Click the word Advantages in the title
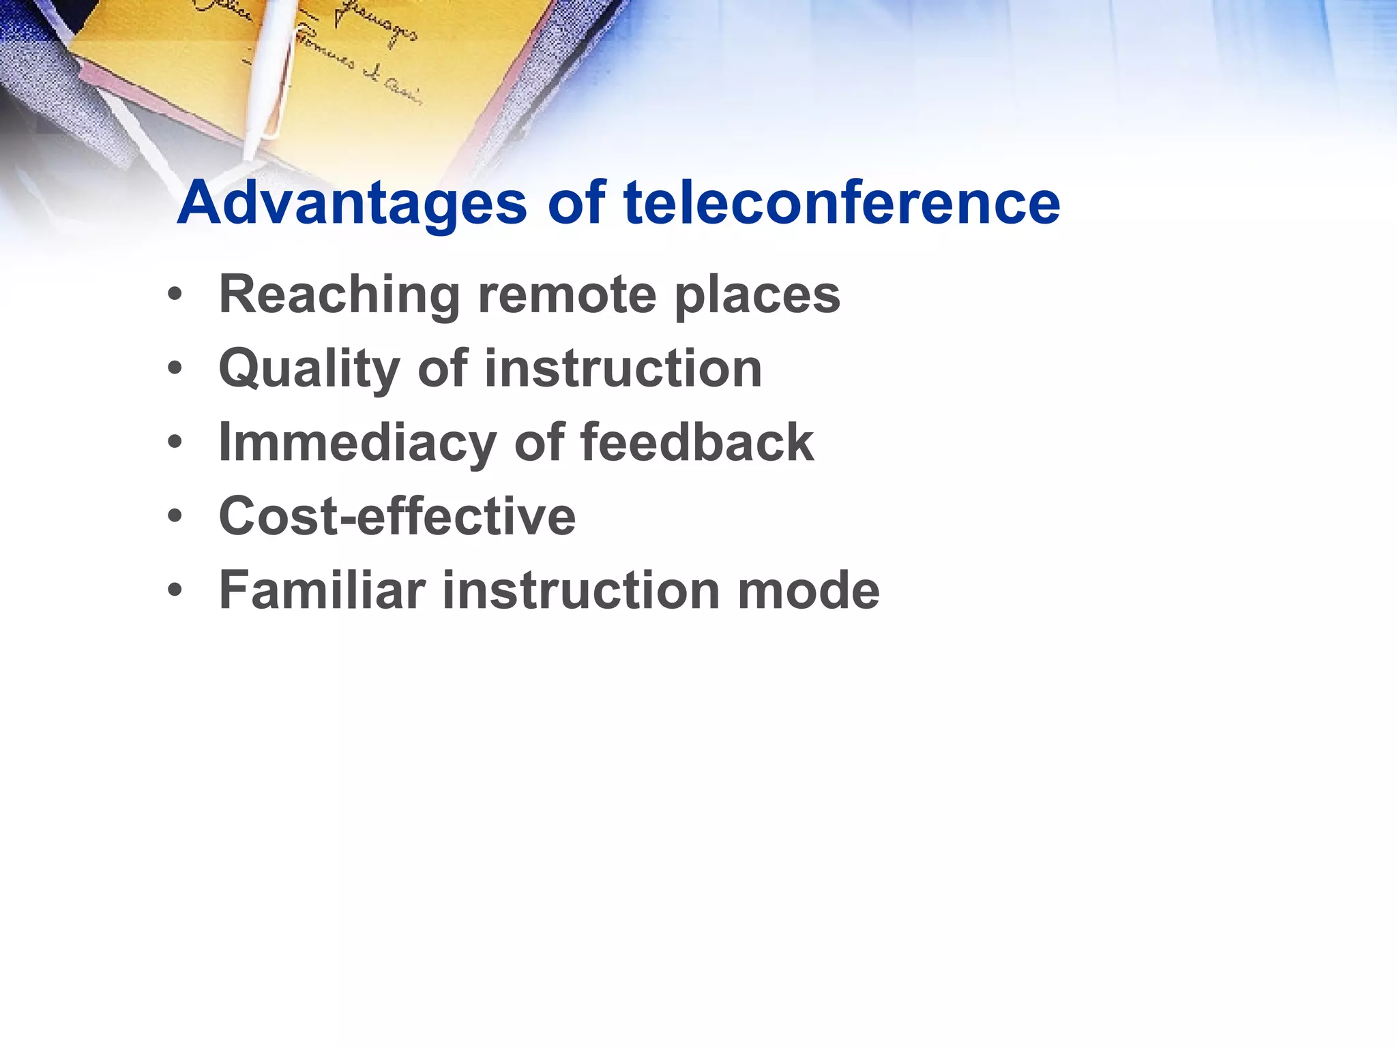(351, 203)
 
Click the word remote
(566, 294)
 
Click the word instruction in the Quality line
(623, 368)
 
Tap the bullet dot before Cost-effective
(175, 517)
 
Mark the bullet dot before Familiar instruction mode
(175, 590)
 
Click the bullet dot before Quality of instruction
(175, 369)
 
